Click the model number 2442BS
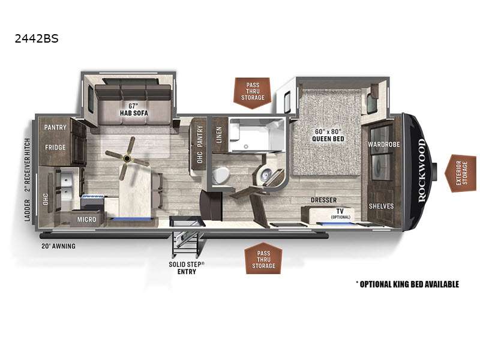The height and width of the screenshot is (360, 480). tap(37, 38)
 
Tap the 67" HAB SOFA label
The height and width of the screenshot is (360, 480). tap(134, 110)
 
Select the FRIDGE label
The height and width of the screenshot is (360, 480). tap(55, 147)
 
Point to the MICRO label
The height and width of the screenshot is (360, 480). tap(86, 220)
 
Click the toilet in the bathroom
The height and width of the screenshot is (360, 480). tap(221, 176)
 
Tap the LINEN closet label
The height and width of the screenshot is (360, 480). tap(219, 135)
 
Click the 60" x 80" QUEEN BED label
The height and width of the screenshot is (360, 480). tap(328, 135)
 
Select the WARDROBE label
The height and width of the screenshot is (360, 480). tap(383, 144)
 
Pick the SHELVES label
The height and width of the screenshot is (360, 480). tap(381, 206)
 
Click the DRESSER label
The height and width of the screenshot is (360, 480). tap(323, 200)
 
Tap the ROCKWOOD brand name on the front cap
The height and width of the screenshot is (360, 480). tap(422, 170)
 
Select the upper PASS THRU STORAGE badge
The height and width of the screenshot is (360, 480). tap(253, 92)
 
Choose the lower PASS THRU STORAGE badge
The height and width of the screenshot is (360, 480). tap(263, 259)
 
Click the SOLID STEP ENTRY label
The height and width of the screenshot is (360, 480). tap(187, 268)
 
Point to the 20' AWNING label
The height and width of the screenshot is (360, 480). tap(58, 246)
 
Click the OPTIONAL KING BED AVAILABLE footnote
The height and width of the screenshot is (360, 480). tap(407, 284)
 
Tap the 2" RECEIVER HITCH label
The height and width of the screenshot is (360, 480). tap(27, 165)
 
